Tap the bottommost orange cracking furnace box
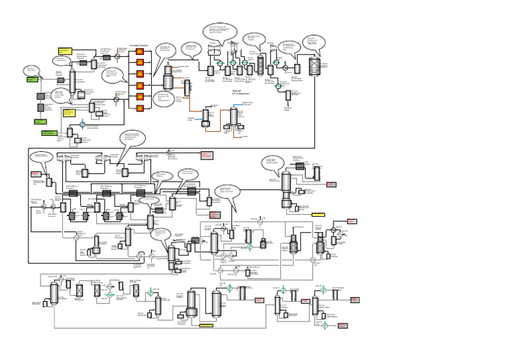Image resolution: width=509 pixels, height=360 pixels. tap(140, 107)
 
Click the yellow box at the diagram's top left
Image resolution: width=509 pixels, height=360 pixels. tap(64, 50)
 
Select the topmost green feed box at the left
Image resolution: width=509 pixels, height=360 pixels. tap(31, 80)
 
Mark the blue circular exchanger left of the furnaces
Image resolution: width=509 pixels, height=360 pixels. tap(83, 124)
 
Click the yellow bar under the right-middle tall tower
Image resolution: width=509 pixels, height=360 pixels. tap(317, 214)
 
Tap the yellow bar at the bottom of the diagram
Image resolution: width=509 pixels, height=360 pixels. tap(207, 326)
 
